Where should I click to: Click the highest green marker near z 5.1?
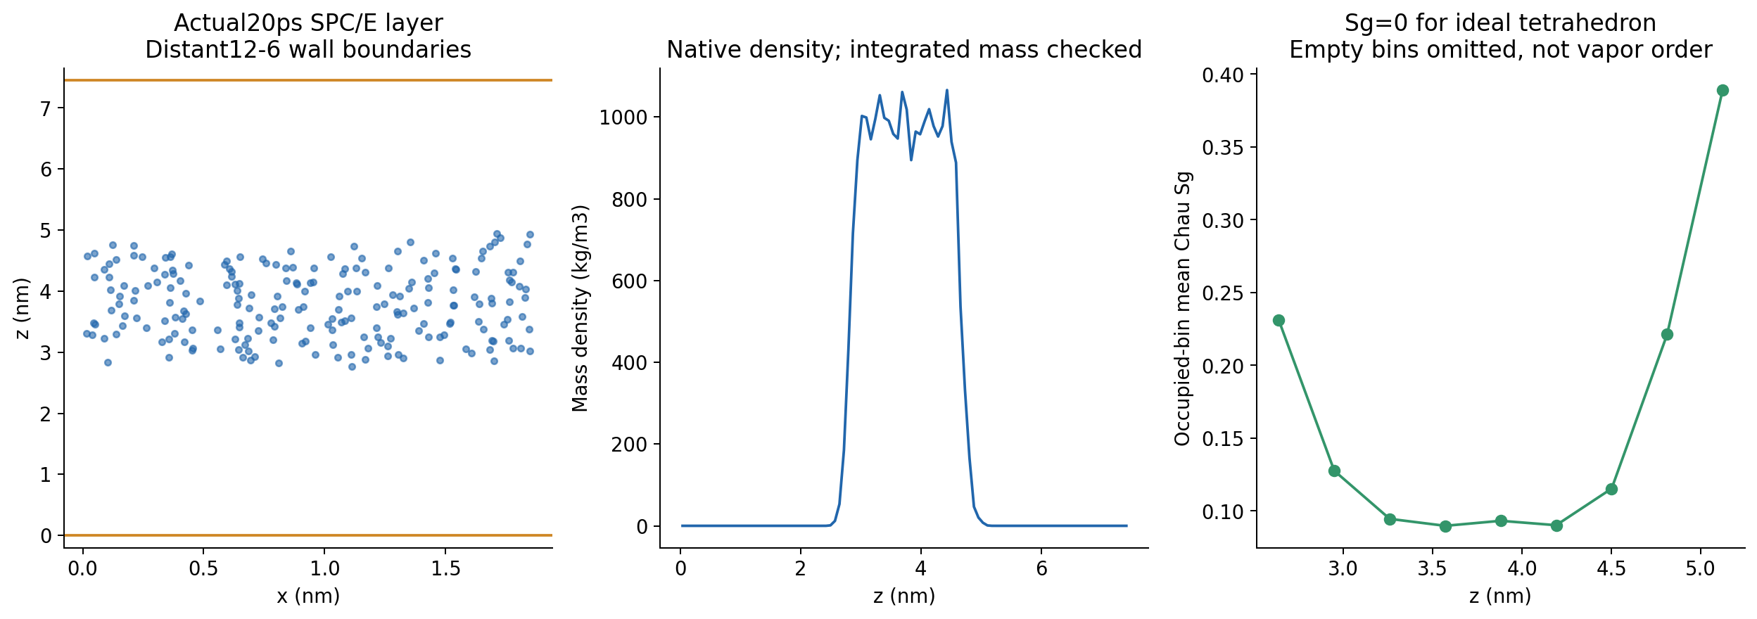[1723, 90]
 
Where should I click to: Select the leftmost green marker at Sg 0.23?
[1279, 320]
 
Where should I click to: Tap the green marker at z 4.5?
[1611, 489]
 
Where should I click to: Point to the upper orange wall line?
[308, 80]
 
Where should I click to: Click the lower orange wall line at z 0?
[308, 535]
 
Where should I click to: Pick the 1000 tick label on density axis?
[623, 117]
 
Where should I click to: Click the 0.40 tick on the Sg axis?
[1222, 75]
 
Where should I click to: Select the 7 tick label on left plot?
[46, 108]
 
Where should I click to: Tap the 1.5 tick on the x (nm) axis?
[446, 568]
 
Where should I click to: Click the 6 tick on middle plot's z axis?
[1041, 568]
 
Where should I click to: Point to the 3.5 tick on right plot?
[1432, 568]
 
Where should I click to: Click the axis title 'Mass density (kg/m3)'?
[580, 308]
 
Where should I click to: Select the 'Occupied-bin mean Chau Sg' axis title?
[1182, 308]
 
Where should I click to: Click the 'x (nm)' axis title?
[308, 596]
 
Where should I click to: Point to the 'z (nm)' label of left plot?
[23, 308]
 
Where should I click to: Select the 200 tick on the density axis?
[628, 445]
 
